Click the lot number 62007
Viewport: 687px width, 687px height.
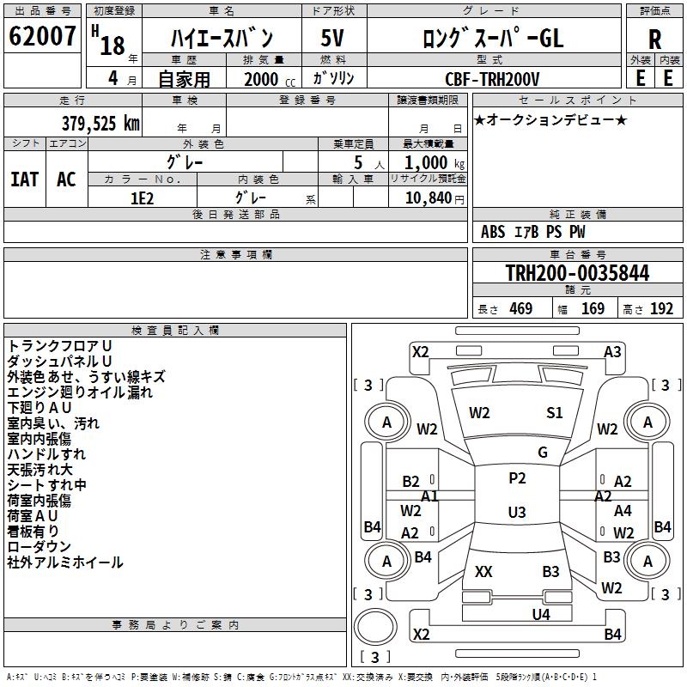[42, 36]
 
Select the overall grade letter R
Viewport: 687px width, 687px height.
[654, 40]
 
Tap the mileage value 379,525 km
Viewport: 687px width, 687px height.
[100, 124]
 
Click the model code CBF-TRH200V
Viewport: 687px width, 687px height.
[492, 79]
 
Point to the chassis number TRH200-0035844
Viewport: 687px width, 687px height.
[577, 273]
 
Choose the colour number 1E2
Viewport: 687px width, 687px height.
[143, 198]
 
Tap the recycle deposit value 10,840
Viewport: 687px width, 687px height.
[429, 198]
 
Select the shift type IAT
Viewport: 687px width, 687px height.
[25, 179]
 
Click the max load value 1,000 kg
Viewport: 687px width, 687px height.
[435, 163]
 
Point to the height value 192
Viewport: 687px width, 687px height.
[661, 309]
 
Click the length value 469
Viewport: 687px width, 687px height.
[521, 309]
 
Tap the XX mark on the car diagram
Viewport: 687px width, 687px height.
[483, 571]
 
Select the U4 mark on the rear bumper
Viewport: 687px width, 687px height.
[541, 615]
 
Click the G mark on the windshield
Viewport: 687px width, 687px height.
[543, 453]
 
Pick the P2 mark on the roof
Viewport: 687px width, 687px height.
[517, 478]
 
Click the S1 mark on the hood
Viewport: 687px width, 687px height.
[554, 413]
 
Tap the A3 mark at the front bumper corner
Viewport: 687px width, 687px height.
[612, 352]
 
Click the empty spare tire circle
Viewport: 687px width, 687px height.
[375, 627]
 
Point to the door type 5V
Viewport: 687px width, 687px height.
[332, 38]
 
